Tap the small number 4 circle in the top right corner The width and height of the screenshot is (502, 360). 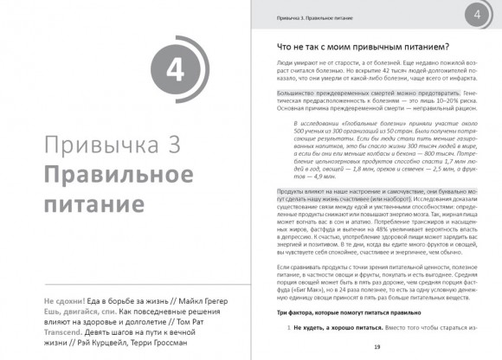[475, 16]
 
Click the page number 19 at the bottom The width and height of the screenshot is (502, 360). [377, 347]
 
